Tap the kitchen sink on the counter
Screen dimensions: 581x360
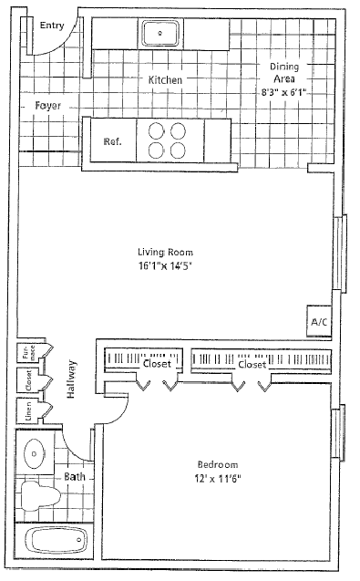(x=162, y=34)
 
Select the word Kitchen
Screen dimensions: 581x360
(x=165, y=80)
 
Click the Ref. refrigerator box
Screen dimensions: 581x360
(x=112, y=141)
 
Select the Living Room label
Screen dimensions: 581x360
(x=165, y=252)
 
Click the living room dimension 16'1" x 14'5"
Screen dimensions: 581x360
(x=165, y=265)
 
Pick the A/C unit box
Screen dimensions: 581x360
(x=319, y=322)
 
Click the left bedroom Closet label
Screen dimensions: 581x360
(x=157, y=364)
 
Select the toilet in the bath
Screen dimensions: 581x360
(x=39, y=496)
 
